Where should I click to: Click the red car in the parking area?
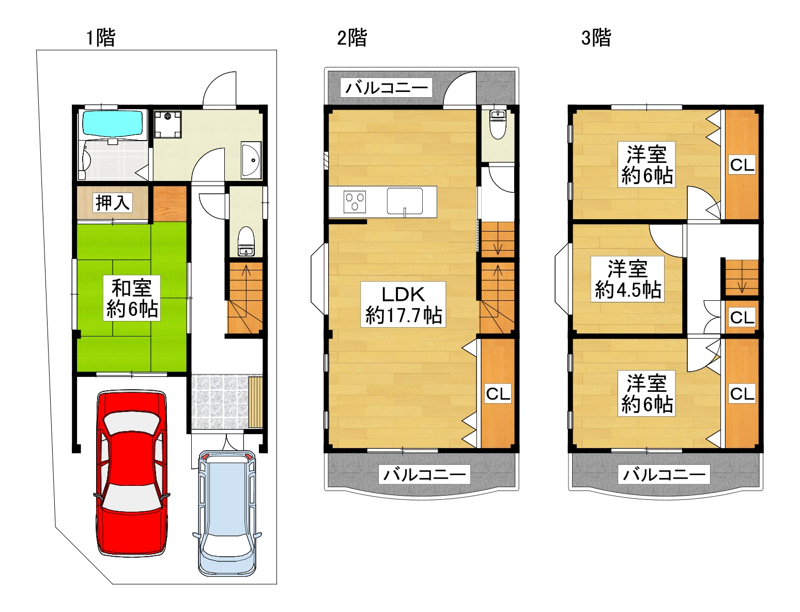pyautogui.click(x=132, y=473)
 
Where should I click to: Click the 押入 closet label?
pyautogui.click(x=113, y=203)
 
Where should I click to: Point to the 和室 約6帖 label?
pyautogui.click(x=132, y=299)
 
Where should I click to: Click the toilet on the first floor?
pyautogui.click(x=247, y=242)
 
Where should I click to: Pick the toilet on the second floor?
pyautogui.click(x=498, y=125)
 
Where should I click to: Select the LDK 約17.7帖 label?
pyautogui.click(x=403, y=304)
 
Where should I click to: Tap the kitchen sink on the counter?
pyautogui.click(x=405, y=201)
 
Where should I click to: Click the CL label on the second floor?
pyautogui.click(x=498, y=394)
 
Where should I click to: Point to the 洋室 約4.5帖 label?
pyautogui.click(x=628, y=280)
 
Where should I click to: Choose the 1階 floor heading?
pyautogui.click(x=101, y=38)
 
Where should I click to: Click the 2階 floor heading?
pyautogui.click(x=352, y=38)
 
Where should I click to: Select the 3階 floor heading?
pyautogui.click(x=596, y=38)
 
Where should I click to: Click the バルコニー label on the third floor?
pyautogui.click(x=664, y=474)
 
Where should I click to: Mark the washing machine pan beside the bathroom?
pyautogui.click(x=167, y=125)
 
